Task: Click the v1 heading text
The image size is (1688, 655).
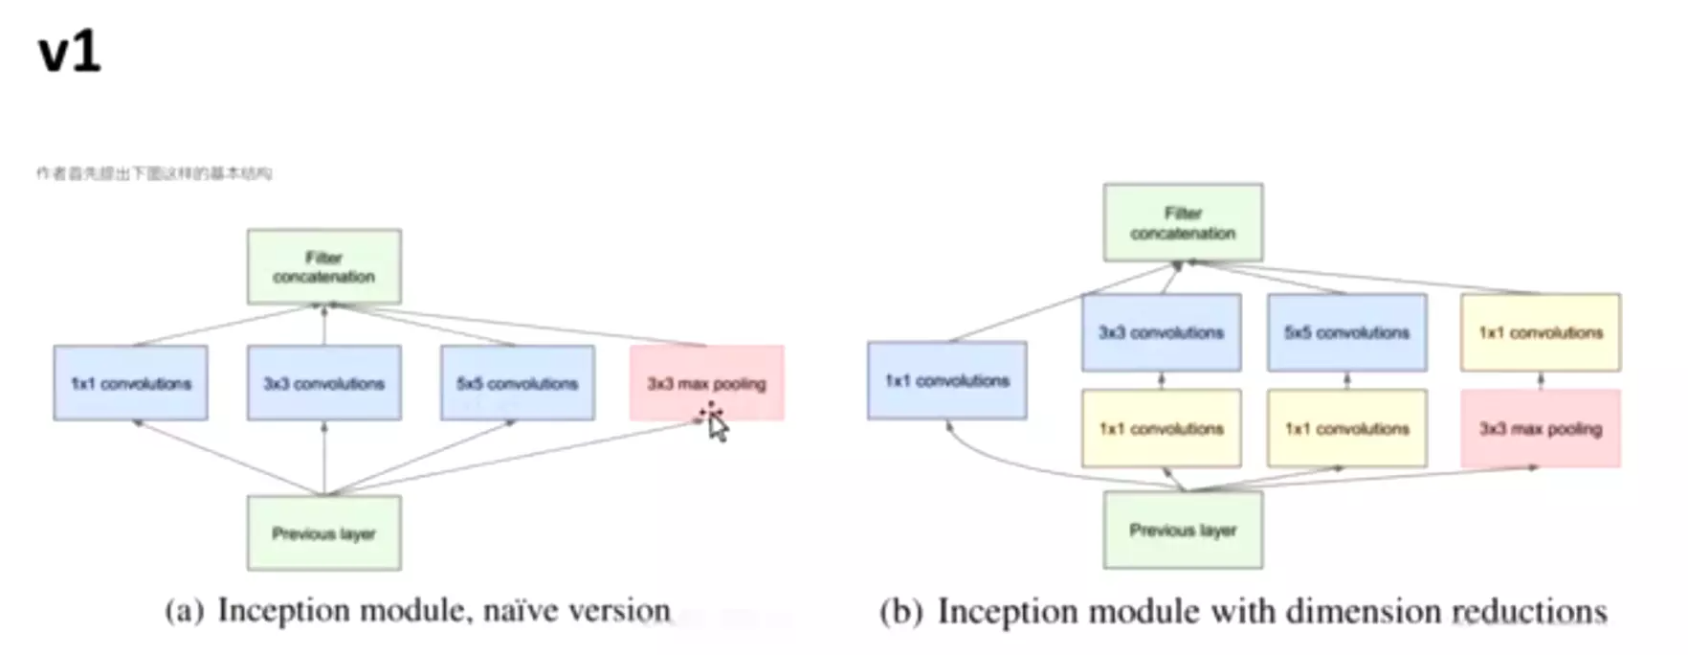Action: click(69, 53)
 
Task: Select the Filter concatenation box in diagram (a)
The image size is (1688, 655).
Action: click(323, 267)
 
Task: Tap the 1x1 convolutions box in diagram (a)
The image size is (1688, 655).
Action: click(130, 383)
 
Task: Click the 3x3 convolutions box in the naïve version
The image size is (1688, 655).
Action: click(323, 383)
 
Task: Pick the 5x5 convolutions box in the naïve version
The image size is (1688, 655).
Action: click(517, 383)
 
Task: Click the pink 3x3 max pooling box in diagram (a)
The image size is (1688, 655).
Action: click(706, 383)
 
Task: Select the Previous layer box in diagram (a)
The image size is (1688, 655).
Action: click(323, 533)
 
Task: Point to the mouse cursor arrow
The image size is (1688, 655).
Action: click(717, 425)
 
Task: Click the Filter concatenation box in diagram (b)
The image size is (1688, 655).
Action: click(1183, 223)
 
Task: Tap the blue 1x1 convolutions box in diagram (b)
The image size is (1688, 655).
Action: click(946, 380)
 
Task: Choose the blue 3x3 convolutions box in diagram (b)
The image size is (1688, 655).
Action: click(1161, 332)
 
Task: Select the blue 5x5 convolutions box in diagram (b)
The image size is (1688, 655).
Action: click(1346, 332)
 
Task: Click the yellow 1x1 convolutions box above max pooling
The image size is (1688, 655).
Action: click(1540, 332)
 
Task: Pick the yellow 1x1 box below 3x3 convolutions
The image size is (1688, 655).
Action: click(1161, 428)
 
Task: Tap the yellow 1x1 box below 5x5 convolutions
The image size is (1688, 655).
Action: click(1346, 428)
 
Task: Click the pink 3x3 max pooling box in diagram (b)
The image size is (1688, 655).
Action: click(1540, 428)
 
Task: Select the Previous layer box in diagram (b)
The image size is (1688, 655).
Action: click(1183, 530)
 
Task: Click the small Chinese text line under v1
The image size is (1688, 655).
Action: click(154, 173)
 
